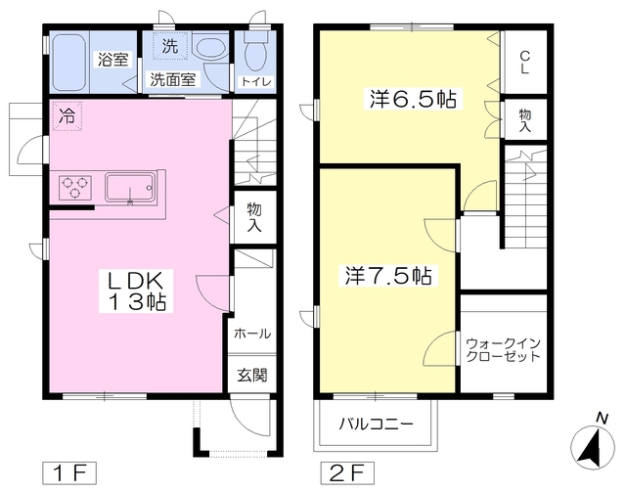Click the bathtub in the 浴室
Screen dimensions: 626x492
pyautogui.click(x=70, y=63)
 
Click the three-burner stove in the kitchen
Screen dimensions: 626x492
pyautogui.click(x=75, y=187)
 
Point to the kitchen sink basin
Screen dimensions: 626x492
pyautogui.click(x=130, y=187)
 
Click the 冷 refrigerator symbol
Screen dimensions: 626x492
pyautogui.click(x=67, y=115)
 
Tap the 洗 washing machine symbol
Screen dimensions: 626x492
pyautogui.click(x=170, y=46)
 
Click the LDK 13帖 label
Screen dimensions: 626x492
pyautogui.click(x=136, y=291)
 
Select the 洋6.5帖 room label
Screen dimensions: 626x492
pyautogui.click(x=413, y=99)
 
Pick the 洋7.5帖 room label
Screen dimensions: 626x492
pyautogui.click(x=388, y=275)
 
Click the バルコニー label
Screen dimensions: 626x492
pyautogui.click(x=376, y=424)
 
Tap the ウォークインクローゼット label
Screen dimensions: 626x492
pyautogui.click(x=503, y=350)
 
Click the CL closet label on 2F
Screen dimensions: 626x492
pyautogui.click(x=524, y=63)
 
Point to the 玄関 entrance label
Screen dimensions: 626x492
pyautogui.click(x=252, y=375)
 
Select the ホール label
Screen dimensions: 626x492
pyautogui.click(x=252, y=334)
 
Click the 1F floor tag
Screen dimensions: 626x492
pyautogui.click(x=69, y=473)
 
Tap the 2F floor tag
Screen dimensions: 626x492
pyautogui.click(x=348, y=473)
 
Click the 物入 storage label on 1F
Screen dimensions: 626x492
pyautogui.click(x=254, y=217)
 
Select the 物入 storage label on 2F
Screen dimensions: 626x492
pyautogui.click(x=525, y=120)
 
